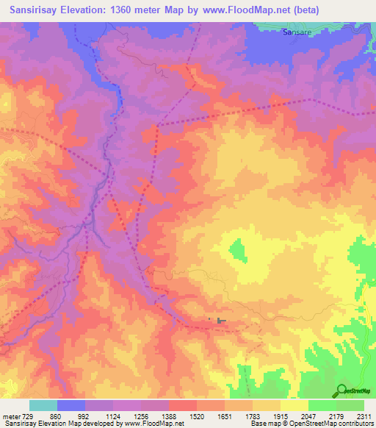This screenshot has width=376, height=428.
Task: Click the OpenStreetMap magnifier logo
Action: (341, 390)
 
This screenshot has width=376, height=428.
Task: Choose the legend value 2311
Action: (364, 416)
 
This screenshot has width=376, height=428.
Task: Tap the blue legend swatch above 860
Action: (71, 405)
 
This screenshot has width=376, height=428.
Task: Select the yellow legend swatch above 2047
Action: (294, 405)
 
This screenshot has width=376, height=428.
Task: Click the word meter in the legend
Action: (11, 416)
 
